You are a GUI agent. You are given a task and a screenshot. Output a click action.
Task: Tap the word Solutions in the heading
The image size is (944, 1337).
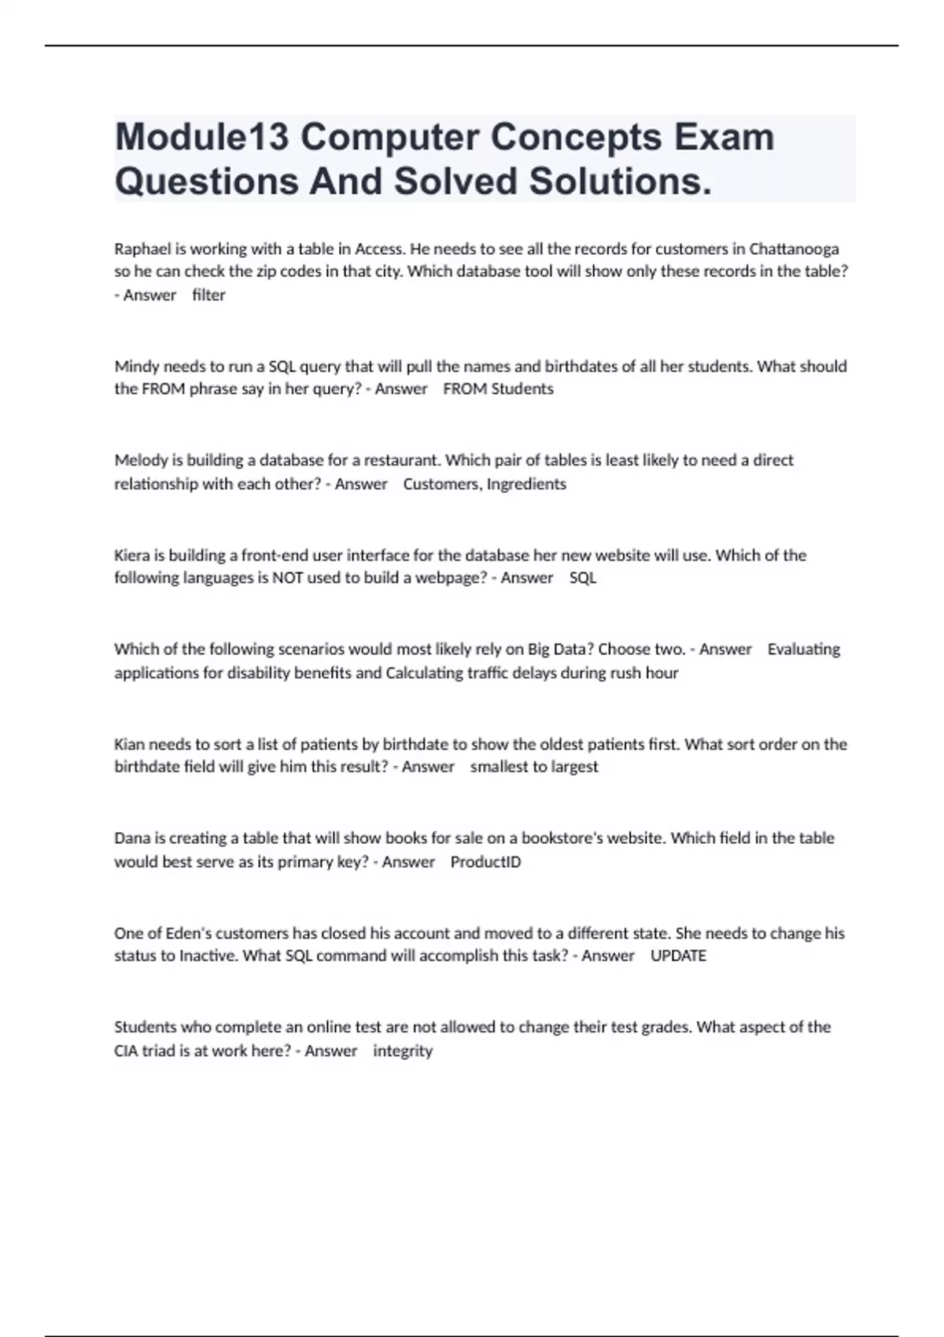[x=620, y=182]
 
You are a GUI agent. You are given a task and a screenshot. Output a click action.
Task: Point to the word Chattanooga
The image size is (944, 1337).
[x=794, y=249]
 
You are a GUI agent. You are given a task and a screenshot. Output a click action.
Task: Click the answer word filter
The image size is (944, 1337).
[x=208, y=296]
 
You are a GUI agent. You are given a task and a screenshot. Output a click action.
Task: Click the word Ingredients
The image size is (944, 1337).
[x=526, y=484]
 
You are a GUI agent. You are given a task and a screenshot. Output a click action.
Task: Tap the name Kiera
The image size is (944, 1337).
[x=131, y=555]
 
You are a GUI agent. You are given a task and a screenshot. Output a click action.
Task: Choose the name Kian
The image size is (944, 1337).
[x=129, y=744]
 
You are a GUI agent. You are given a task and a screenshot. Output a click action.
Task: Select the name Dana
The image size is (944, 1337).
[x=131, y=838]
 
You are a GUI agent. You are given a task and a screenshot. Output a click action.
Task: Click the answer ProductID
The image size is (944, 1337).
[x=485, y=862]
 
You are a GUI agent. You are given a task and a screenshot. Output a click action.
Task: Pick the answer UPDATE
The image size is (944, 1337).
[x=678, y=956]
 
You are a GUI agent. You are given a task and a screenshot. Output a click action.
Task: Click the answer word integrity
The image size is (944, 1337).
[x=403, y=1051]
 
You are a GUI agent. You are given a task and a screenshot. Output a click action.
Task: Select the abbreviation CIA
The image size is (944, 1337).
[x=126, y=1051]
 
